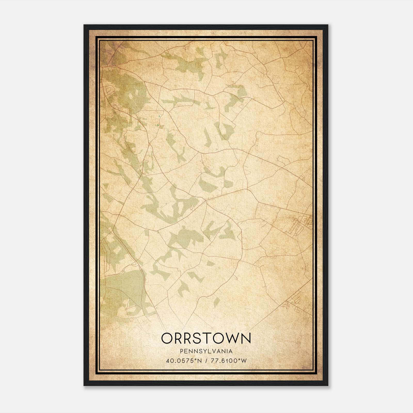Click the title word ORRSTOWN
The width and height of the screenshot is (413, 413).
[206, 338]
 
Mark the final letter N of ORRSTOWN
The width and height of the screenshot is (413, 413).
[245, 338]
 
